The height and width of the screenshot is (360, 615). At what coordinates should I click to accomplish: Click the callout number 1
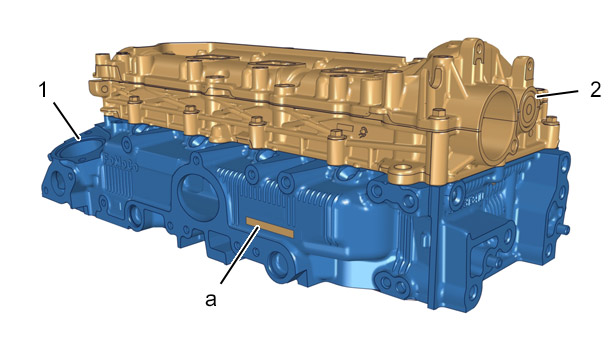(x=43, y=90)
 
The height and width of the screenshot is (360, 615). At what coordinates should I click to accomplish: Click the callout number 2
(x=595, y=90)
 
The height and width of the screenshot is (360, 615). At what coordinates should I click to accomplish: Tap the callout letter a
(x=211, y=300)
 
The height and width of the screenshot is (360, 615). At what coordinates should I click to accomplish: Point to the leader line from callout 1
(x=67, y=120)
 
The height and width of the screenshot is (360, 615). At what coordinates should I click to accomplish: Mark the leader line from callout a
(x=240, y=255)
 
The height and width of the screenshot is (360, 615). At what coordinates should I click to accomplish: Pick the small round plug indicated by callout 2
(x=529, y=109)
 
